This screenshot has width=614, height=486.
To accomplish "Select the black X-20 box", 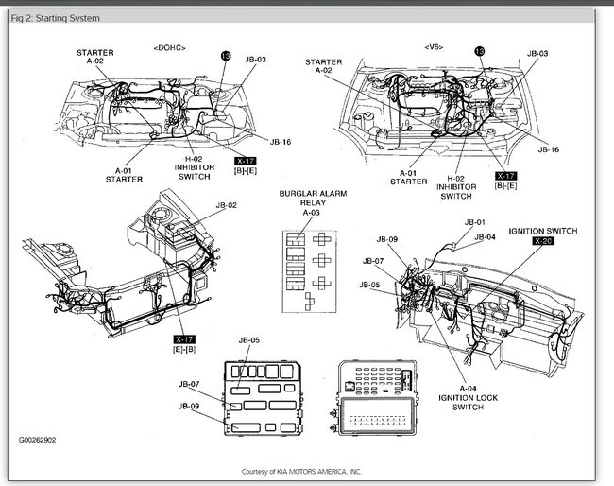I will click(x=543, y=241).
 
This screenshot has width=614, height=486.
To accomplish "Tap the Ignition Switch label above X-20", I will click(x=543, y=230).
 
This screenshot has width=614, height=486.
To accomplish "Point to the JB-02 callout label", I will click(x=226, y=204).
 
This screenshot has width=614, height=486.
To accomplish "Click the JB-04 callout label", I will click(x=485, y=237).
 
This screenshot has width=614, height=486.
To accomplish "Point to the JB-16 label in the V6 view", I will click(x=549, y=149).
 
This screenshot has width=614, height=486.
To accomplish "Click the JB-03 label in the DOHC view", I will click(x=255, y=59).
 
